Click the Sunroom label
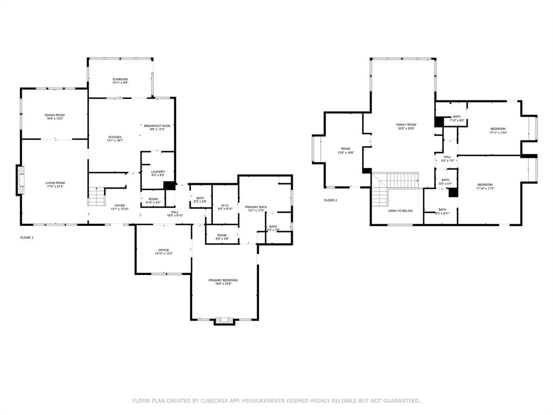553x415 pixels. point(120,79)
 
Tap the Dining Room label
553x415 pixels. point(55,115)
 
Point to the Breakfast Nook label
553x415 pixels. point(157,126)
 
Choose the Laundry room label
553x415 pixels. point(158,171)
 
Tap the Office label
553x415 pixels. point(164,250)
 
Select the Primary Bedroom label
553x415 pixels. point(223,280)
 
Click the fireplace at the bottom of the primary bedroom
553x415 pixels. point(224,321)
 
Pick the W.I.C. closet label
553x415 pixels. point(225,205)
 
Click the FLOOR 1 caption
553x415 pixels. point(26,237)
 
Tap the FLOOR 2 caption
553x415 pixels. point(330,200)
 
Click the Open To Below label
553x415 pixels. point(400,210)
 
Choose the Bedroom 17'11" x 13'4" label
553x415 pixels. point(497,129)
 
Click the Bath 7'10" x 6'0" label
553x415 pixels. point(457,117)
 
